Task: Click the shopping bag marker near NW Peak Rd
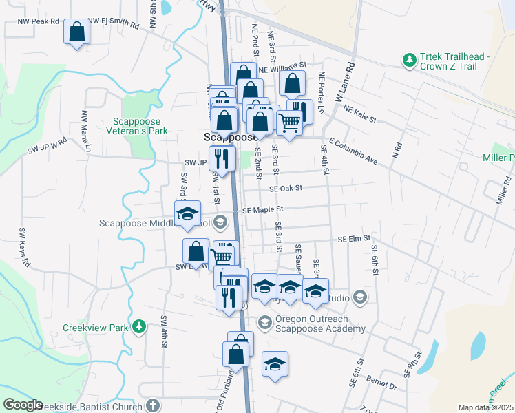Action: [76, 32]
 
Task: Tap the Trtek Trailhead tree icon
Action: [410, 61]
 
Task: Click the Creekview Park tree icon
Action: [139, 326]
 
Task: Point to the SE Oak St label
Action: [286, 187]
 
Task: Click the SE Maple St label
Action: [262, 209]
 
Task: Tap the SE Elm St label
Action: [355, 239]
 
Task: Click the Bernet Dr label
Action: [383, 387]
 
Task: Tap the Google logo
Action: [23, 405]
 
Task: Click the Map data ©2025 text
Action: [485, 407]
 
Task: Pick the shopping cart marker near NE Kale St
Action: [290, 123]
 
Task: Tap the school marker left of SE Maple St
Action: [187, 213]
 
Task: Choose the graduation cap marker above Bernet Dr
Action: [275, 364]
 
